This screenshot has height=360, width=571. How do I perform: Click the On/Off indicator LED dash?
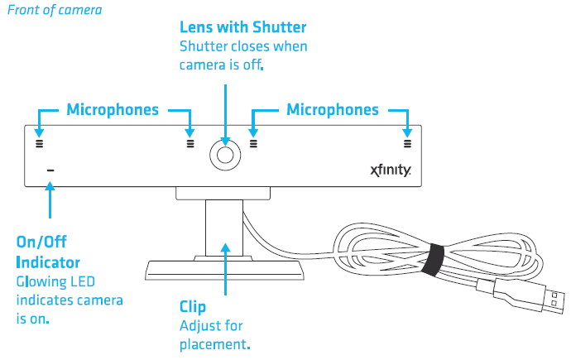50,171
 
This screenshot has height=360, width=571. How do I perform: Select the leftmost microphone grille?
38,142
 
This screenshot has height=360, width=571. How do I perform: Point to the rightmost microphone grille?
407,142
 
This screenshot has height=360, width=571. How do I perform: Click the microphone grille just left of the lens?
190,142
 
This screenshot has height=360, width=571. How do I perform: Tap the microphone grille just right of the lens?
253,142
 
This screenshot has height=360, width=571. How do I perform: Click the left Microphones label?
113,109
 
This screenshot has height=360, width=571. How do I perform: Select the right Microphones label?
332,109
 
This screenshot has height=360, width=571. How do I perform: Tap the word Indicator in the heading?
49,262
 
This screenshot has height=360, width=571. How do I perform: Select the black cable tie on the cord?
433,259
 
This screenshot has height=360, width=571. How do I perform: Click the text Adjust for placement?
214,334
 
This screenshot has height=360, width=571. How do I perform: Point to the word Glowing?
43,281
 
